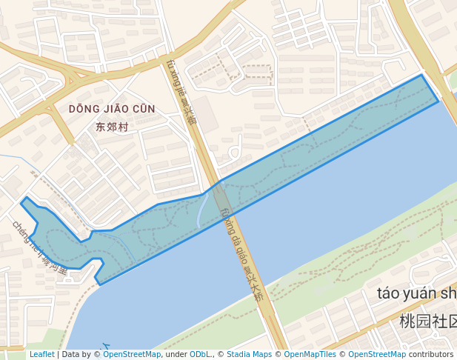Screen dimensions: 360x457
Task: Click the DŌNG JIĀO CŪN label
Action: point(112,109)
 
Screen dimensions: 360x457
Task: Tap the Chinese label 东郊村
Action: point(112,127)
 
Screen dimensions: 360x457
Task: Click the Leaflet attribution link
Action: point(41,355)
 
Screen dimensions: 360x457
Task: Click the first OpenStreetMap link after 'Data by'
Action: point(132,355)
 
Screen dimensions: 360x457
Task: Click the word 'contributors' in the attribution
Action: point(431,355)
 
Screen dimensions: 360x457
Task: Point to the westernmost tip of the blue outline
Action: point(21,200)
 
